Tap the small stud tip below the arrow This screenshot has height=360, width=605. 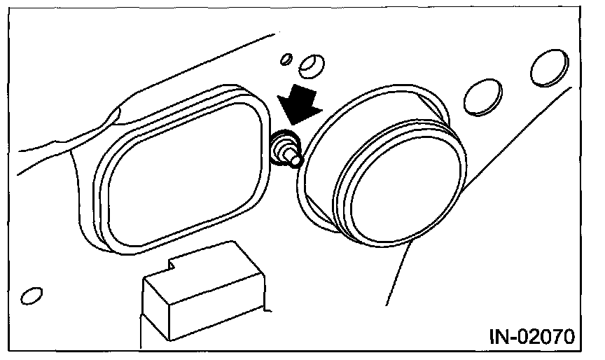[295, 160]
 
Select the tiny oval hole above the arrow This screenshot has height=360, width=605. [286, 60]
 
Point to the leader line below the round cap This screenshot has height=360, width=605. [396, 274]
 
